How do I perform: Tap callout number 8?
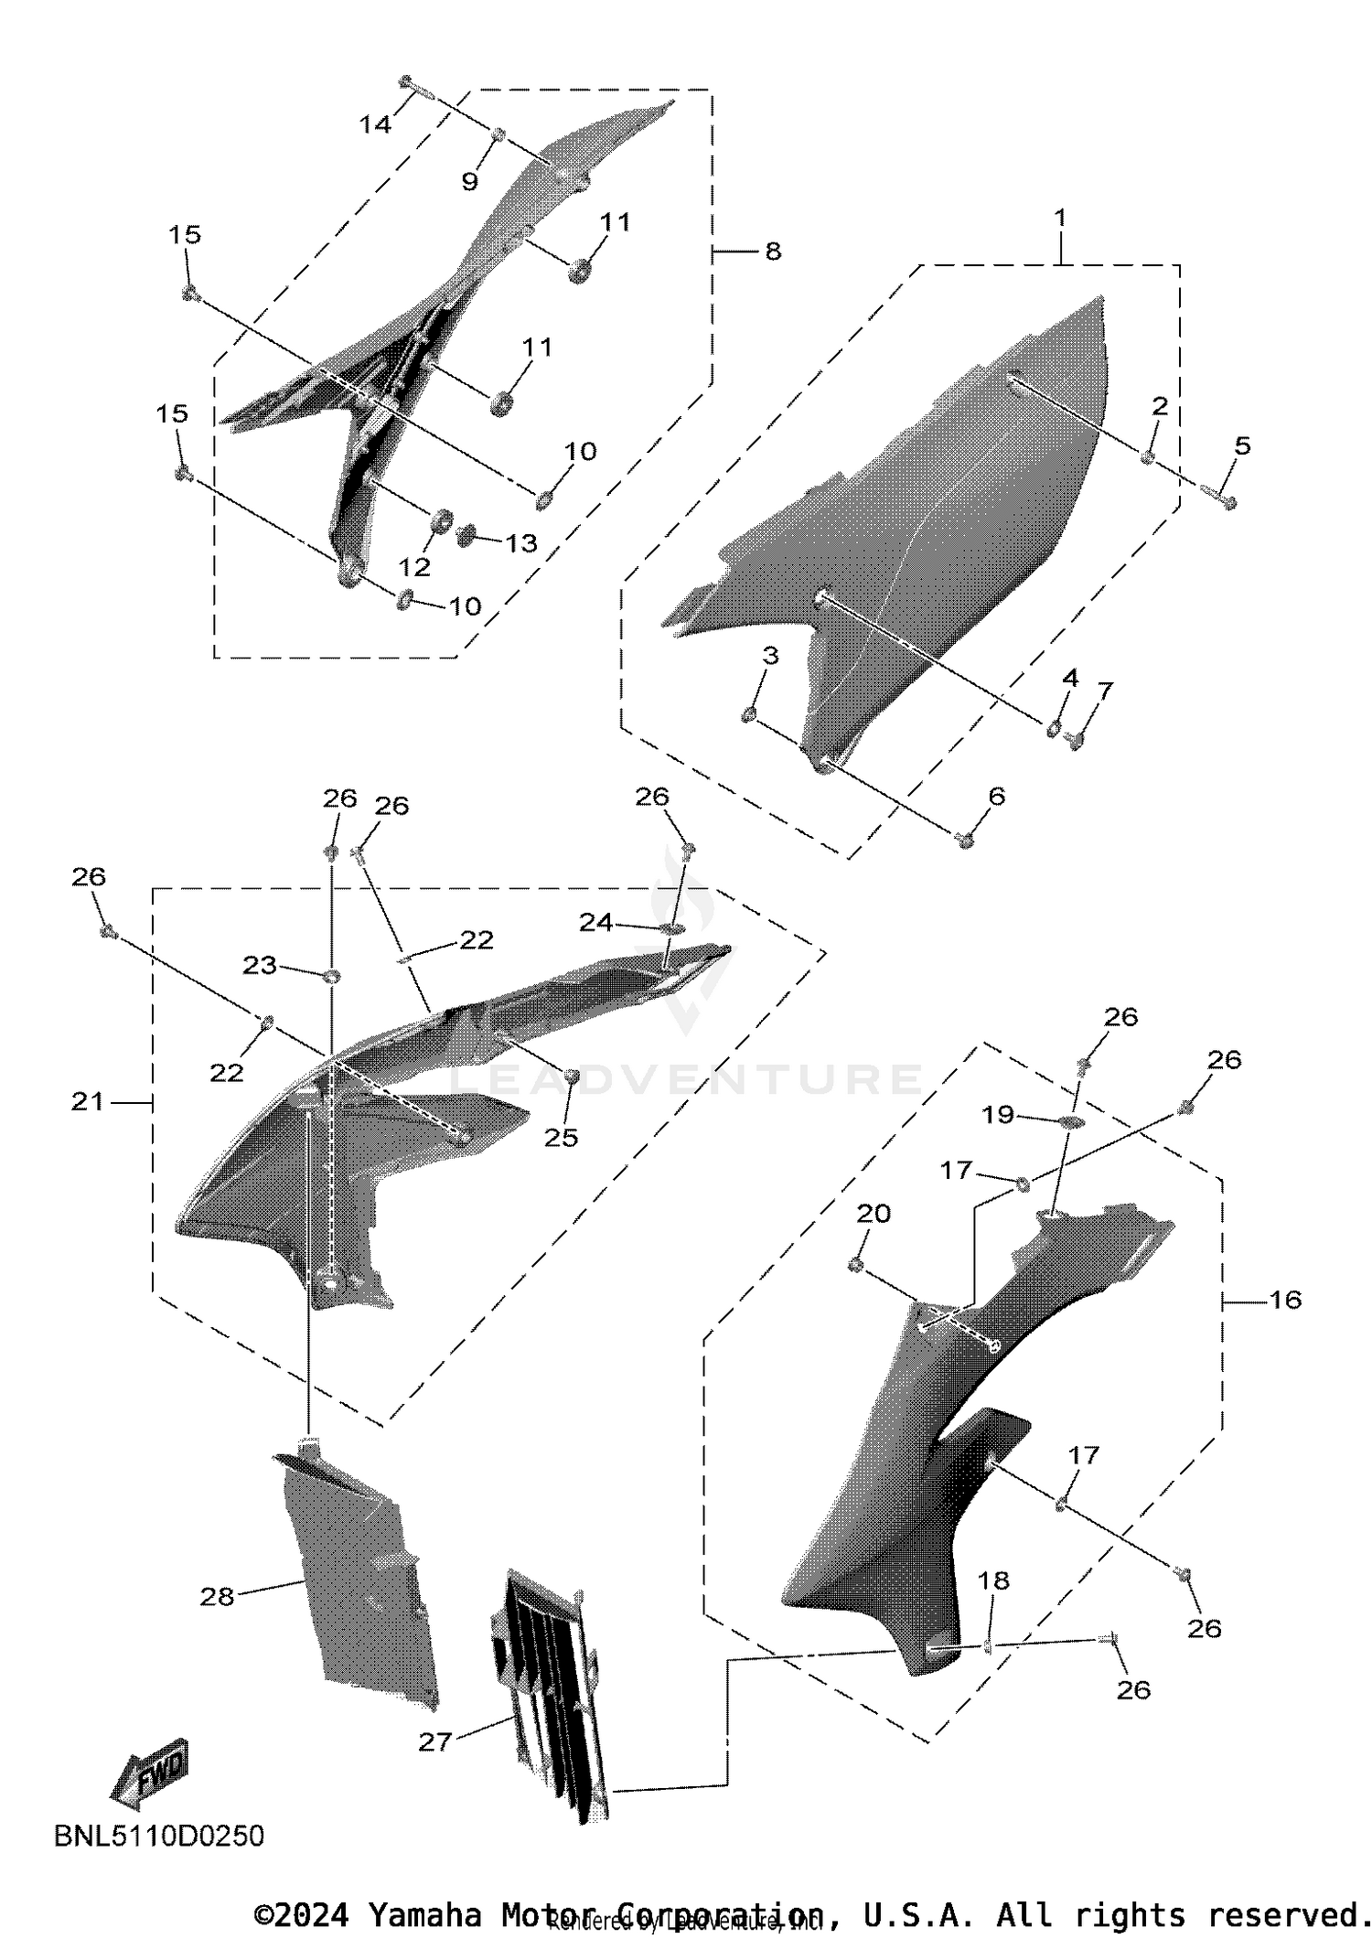[x=773, y=251]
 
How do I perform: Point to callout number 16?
[x=1285, y=1300]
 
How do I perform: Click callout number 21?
[x=88, y=1102]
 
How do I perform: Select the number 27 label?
[x=435, y=1741]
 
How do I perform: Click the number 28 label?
[x=217, y=1596]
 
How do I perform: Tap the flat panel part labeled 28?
[x=357, y=1573]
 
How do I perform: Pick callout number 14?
[x=375, y=124]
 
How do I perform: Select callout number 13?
[x=521, y=543]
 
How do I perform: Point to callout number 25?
[x=561, y=1137]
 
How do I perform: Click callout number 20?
[x=874, y=1214]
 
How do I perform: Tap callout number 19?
[x=998, y=1114]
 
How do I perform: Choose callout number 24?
[x=595, y=922]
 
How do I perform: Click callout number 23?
[x=260, y=965]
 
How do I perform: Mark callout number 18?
[x=993, y=1580]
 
